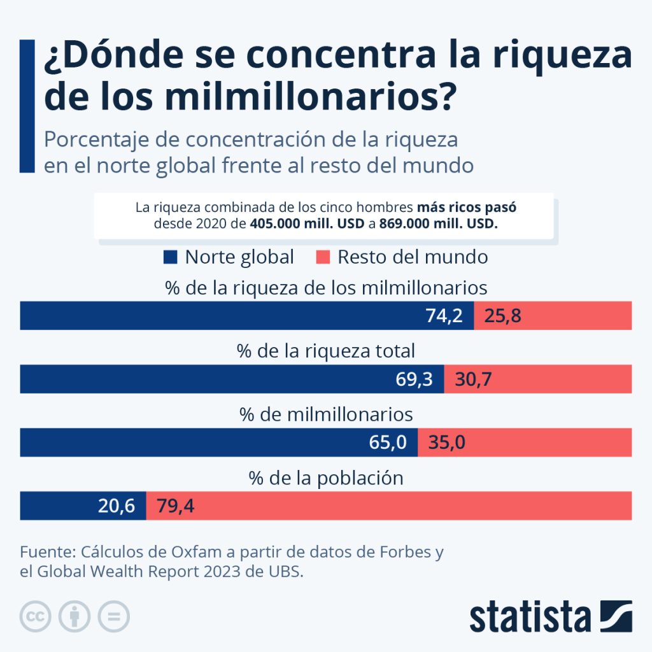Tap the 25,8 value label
(502, 316)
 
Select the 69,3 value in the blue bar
(415, 379)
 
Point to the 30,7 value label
(473, 379)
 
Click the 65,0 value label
(388, 443)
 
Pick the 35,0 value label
(446, 443)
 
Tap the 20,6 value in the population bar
(117, 506)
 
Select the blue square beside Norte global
(170, 257)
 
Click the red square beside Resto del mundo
(323, 257)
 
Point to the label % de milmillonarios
(326, 415)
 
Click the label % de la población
(326, 478)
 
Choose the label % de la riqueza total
(326, 351)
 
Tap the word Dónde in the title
(117, 56)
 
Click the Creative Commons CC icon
(36, 616)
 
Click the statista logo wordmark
(531, 618)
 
